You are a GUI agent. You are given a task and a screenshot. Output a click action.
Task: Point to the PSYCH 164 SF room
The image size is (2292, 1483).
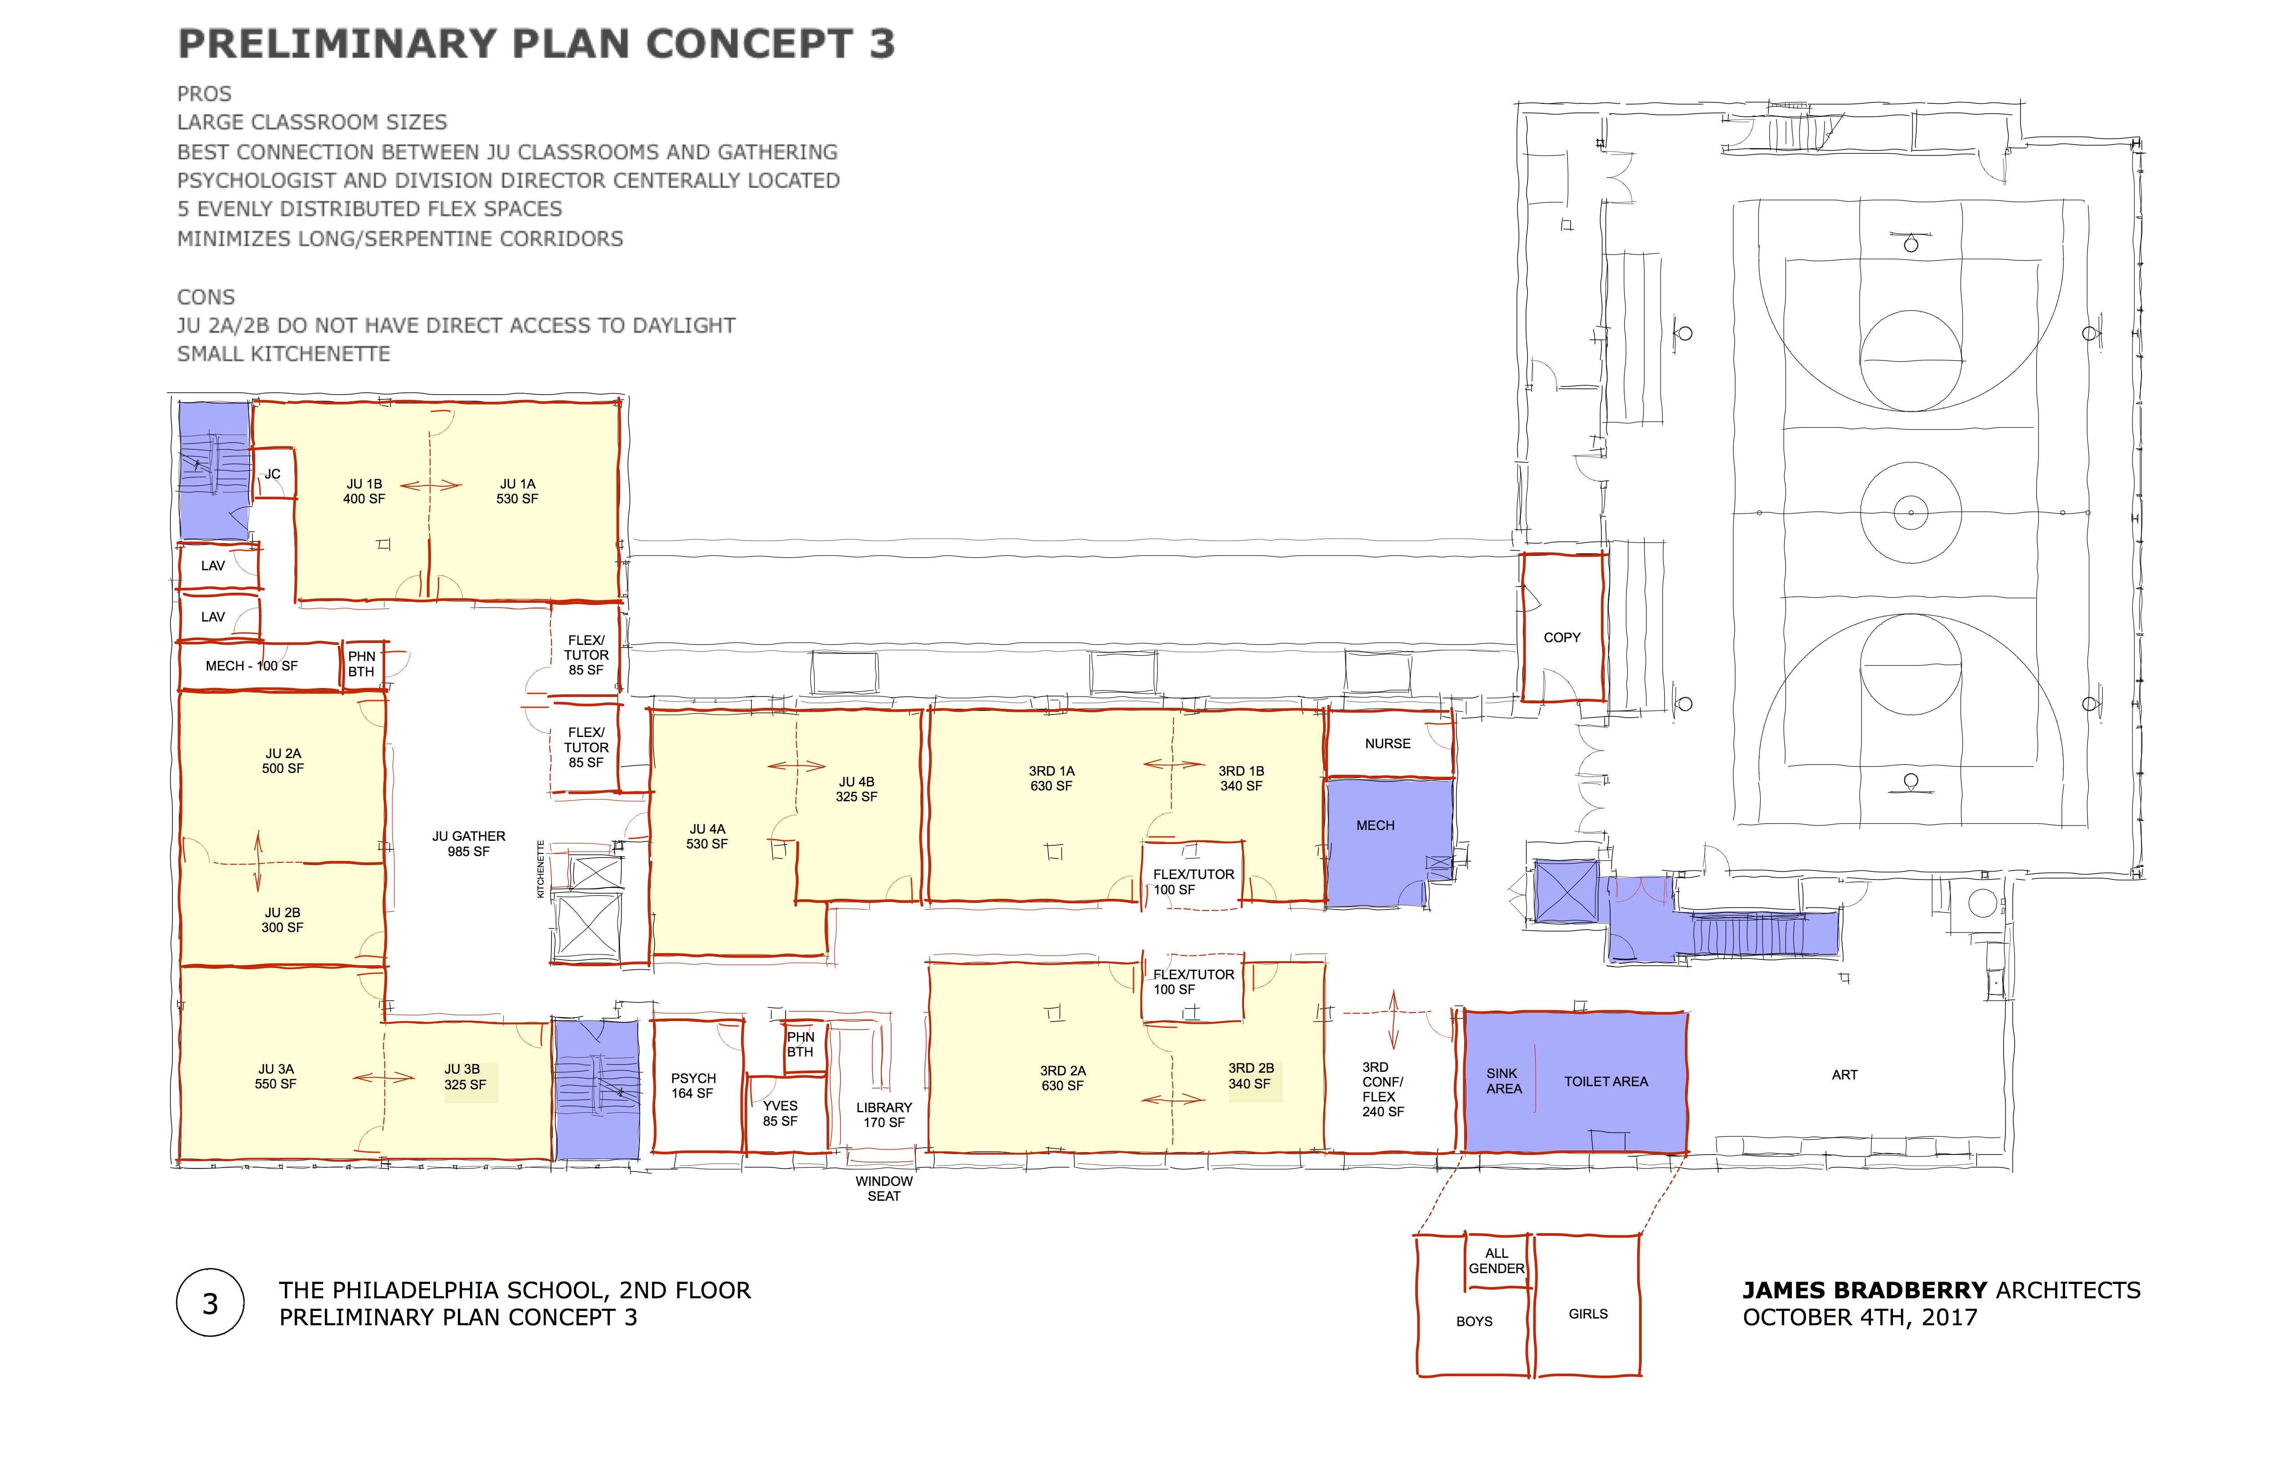697,1085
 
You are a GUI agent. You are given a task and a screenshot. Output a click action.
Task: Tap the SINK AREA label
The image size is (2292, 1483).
1503,1080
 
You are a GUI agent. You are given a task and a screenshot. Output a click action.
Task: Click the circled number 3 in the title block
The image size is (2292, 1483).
210,1303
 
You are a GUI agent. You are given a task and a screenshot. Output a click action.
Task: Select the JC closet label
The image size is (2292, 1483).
272,474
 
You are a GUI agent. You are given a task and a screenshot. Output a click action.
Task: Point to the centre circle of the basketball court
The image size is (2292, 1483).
1910,512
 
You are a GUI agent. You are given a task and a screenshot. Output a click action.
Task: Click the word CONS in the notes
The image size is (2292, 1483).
206,297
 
